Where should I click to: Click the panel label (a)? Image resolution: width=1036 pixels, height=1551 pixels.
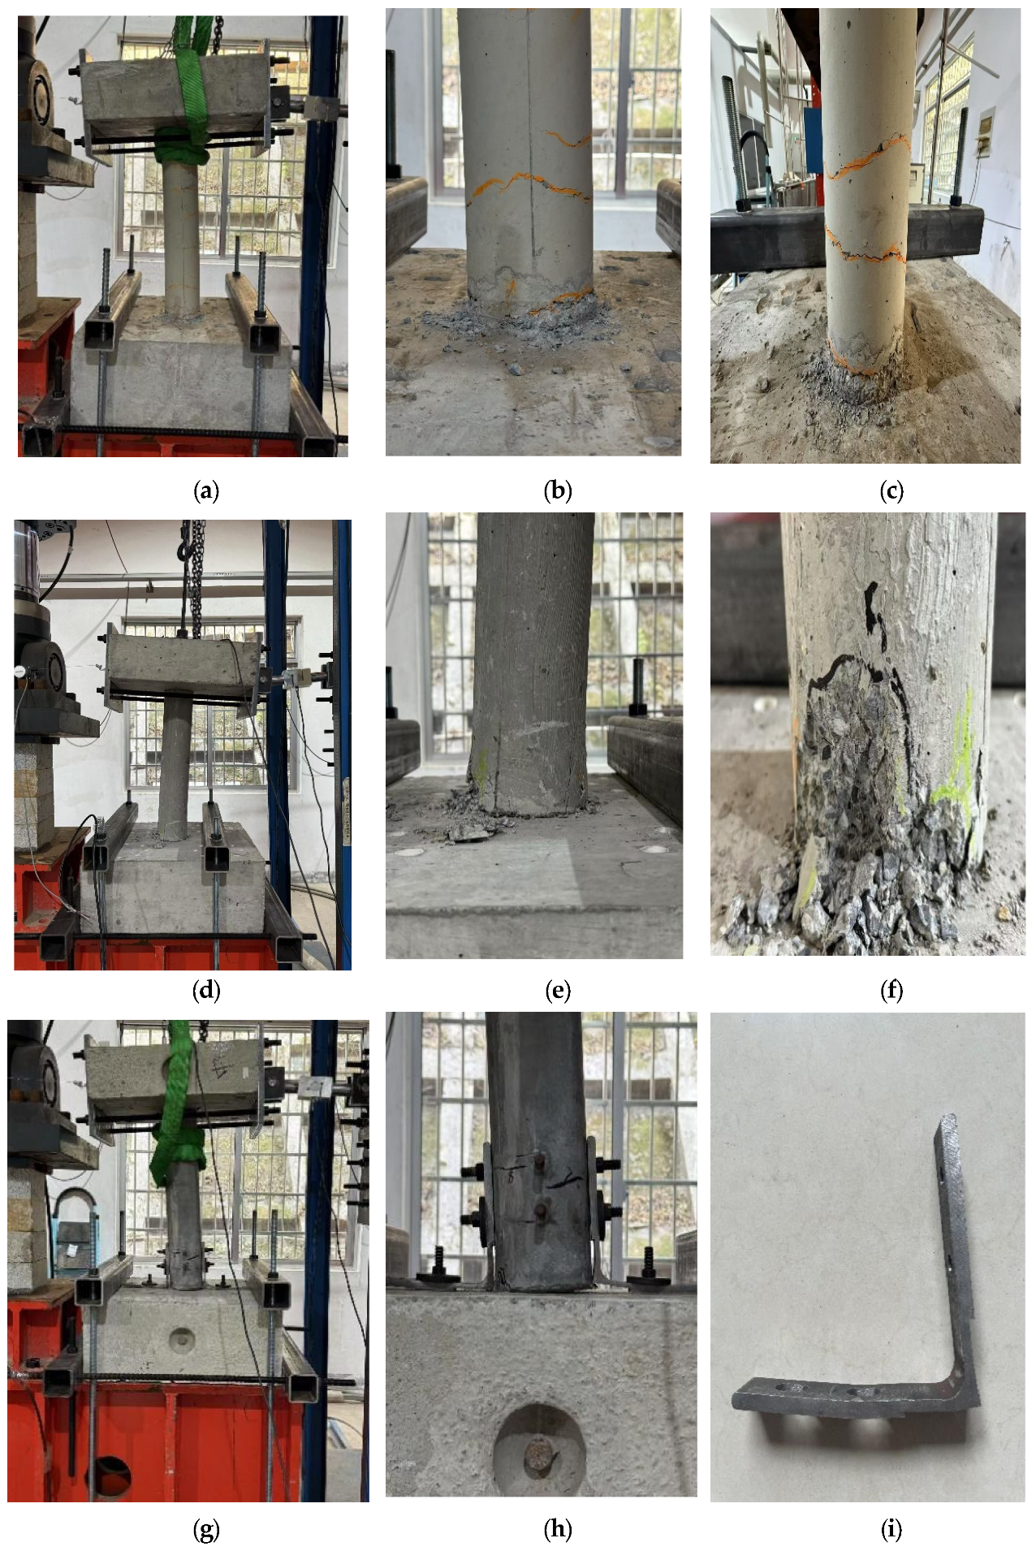[206, 490]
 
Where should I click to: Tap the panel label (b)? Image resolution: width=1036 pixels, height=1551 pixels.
[558, 490]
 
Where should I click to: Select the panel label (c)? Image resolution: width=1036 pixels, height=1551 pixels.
[891, 490]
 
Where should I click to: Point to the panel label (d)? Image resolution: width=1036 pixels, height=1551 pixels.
[206, 990]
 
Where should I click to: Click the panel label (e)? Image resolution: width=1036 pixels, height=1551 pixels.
[558, 990]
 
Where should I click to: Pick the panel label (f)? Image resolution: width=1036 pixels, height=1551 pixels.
[891, 990]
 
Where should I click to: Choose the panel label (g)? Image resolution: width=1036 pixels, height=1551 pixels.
[206, 1530]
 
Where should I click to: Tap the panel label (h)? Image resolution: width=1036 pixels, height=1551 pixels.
[558, 1530]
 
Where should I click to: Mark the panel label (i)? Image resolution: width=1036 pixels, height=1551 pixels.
[891, 1530]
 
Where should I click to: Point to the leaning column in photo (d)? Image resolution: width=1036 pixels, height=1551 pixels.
[176, 767]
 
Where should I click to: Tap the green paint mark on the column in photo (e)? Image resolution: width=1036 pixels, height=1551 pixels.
[483, 768]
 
